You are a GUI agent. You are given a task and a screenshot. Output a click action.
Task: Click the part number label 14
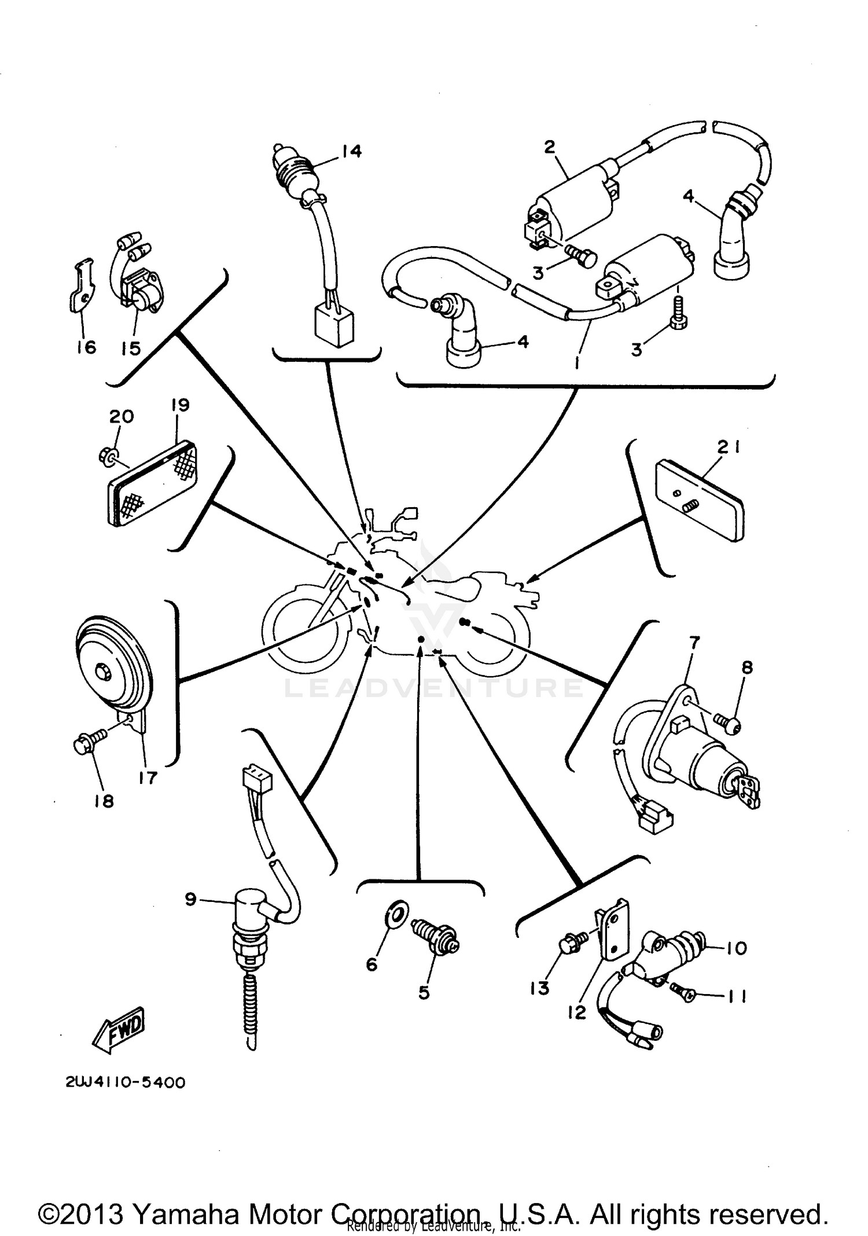(351, 151)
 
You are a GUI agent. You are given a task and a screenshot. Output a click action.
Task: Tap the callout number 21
(729, 447)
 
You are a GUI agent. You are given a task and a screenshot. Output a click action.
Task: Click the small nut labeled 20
(106, 457)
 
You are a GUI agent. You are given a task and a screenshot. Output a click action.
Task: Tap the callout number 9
(191, 899)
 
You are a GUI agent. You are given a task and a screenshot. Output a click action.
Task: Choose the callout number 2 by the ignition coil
(549, 146)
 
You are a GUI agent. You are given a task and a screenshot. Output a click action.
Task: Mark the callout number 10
(736, 948)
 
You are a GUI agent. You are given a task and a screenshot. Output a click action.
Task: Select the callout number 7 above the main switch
(694, 641)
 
